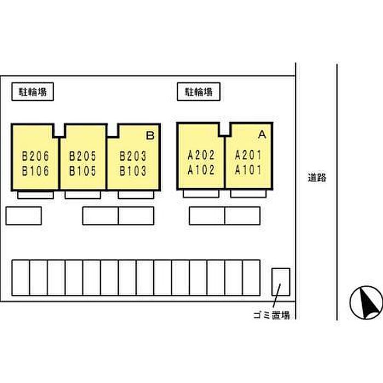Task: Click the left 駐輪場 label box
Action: [x=33, y=92]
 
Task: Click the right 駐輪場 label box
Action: [x=199, y=92]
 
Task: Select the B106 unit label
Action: [x=36, y=171]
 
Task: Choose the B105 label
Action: [x=83, y=171]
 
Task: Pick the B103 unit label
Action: [x=133, y=171]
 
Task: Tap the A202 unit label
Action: [x=201, y=155]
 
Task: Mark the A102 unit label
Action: [x=201, y=170]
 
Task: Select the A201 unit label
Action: [x=249, y=155]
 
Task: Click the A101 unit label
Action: [x=249, y=170]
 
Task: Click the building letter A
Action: [x=262, y=134]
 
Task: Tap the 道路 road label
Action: [x=316, y=177]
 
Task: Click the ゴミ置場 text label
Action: [x=270, y=315]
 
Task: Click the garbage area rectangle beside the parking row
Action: [x=281, y=281]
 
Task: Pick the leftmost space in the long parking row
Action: [x=20, y=278]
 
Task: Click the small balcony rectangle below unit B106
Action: [x=36, y=195]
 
